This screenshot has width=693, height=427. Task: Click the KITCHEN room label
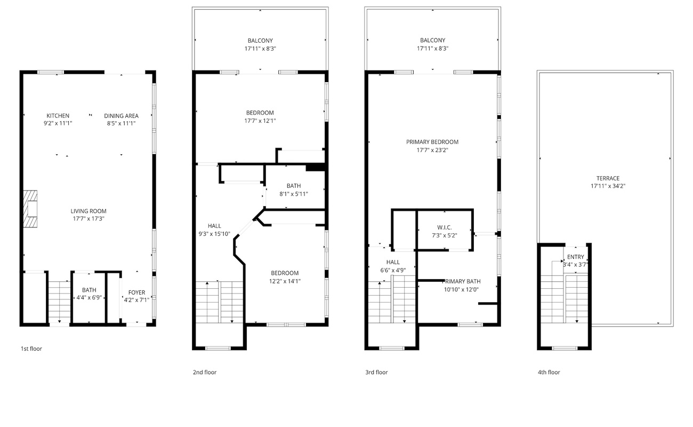pyautogui.click(x=58, y=116)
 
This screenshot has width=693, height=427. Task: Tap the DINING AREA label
pyautogui.click(x=122, y=116)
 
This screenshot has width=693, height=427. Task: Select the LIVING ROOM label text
pyautogui.click(x=88, y=211)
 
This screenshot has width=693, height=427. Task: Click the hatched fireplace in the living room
pyautogui.click(x=30, y=209)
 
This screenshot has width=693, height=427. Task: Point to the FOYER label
pyautogui.click(x=137, y=292)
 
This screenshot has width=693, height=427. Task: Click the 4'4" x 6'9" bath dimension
pyautogui.click(x=89, y=298)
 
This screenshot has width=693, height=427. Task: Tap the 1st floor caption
pyautogui.click(x=31, y=349)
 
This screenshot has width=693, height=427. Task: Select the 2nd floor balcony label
pyautogui.click(x=260, y=41)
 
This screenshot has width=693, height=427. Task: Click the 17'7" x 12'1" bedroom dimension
pyautogui.click(x=260, y=121)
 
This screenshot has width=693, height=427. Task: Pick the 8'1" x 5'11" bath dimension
pyautogui.click(x=294, y=194)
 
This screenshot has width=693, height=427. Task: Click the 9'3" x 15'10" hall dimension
pyautogui.click(x=214, y=234)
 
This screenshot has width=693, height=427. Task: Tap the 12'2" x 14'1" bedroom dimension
pyautogui.click(x=285, y=281)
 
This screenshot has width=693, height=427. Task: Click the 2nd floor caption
pyautogui.click(x=205, y=372)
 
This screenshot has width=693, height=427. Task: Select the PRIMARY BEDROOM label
pyautogui.click(x=432, y=142)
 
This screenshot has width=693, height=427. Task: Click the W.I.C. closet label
pyautogui.click(x=444, y=227)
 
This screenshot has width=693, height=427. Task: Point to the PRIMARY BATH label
pyautogui.click(x=461, y=281)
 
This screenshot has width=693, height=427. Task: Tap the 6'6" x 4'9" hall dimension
pyautogui.click(x=393, y=270)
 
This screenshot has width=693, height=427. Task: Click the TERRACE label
pyautogui.click(x=608, y=178)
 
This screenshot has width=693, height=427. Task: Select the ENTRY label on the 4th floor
pyautogui.click(x=575, y=257)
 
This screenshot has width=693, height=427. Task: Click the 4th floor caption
pyautogui.click(x=549, y=372)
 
